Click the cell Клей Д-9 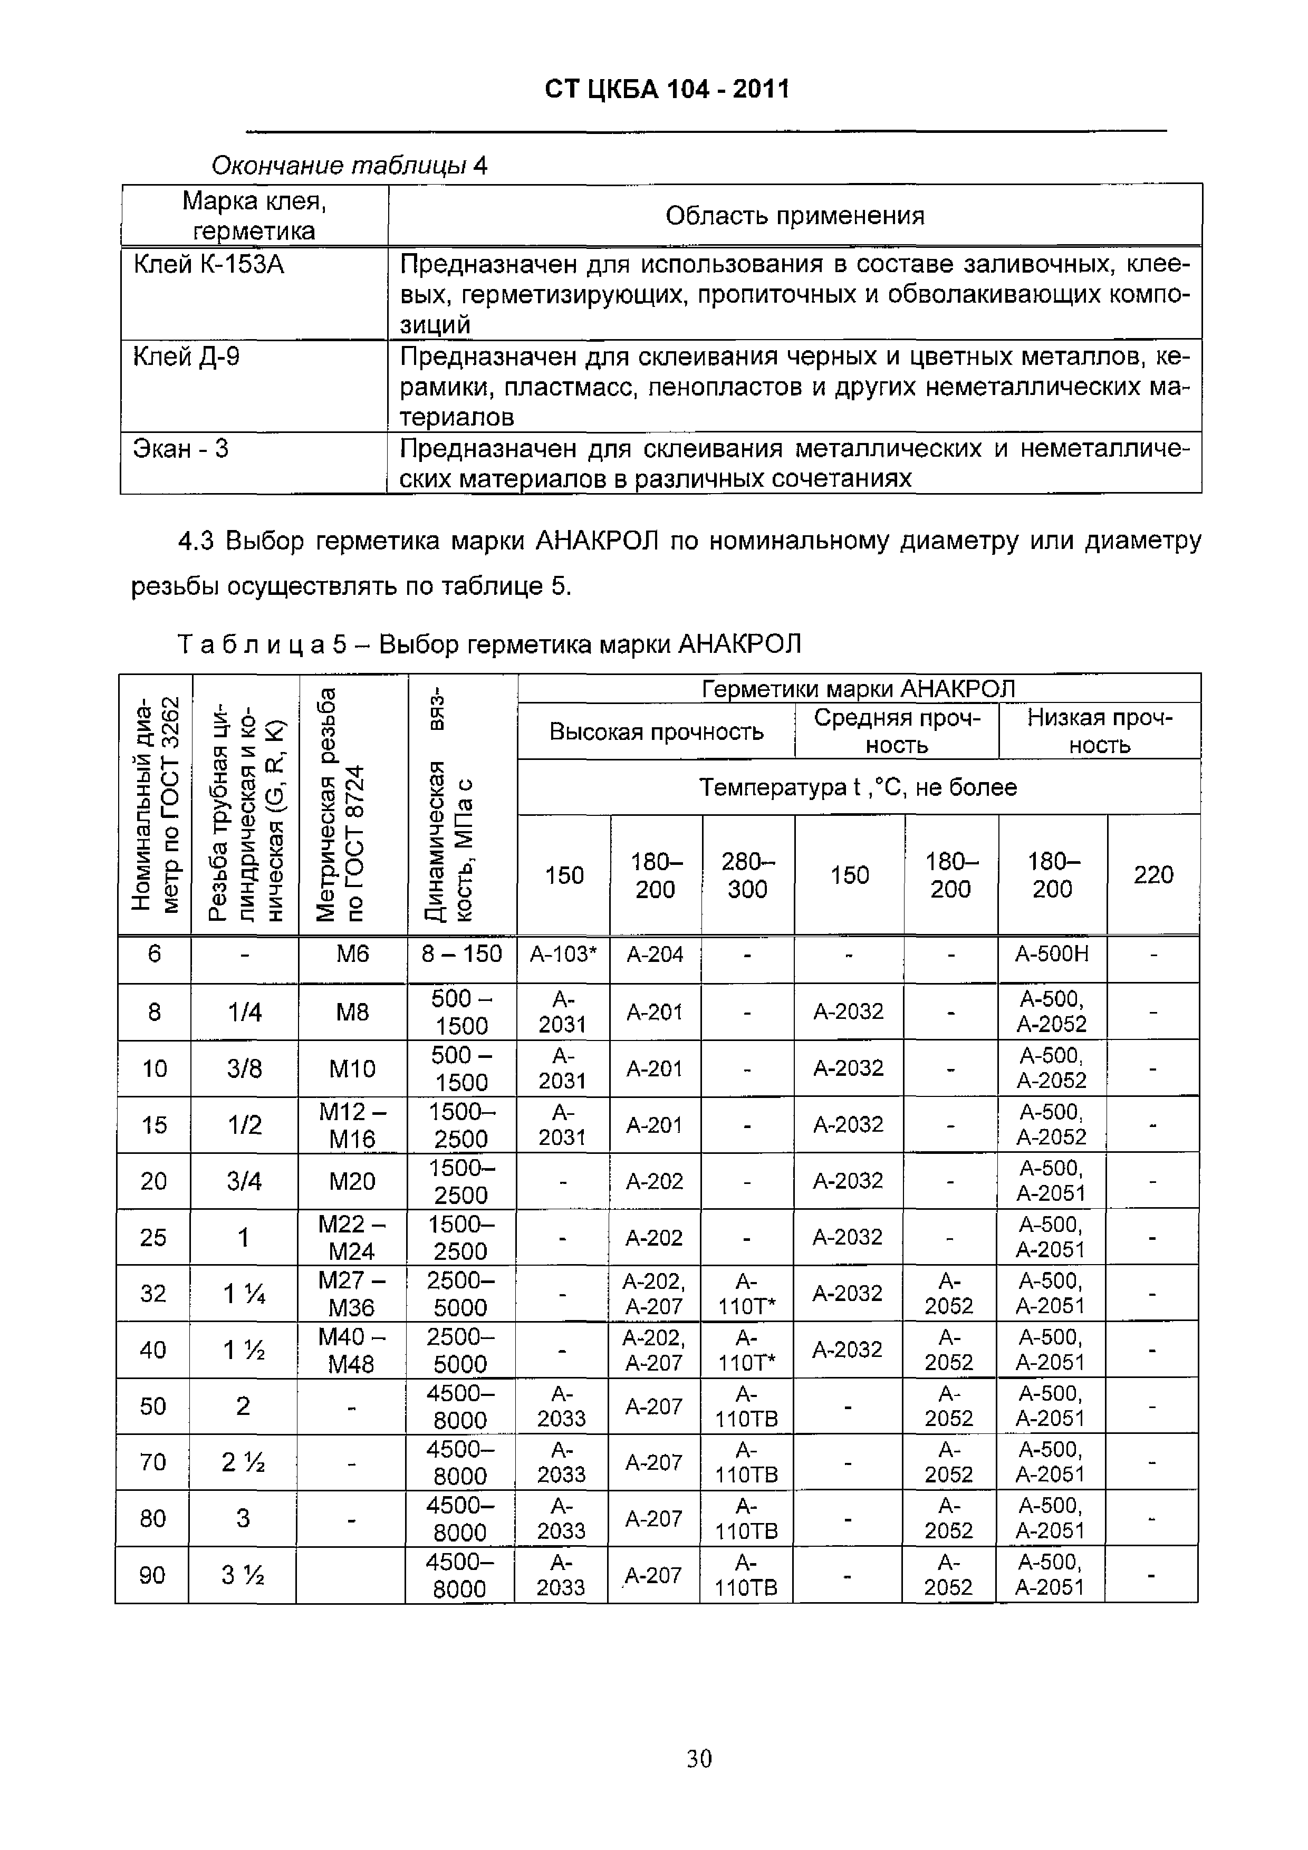[x=186, y=356]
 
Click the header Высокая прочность [x=656, y=731]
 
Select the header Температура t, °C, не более [x=858, y=786]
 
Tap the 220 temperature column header [x=1153, y=874]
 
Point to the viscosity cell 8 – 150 [x=462, y=954]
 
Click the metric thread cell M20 [x=352, y=1181]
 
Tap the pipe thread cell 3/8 [x=244, y=1068]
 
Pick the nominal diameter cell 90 [x=152, y=1575]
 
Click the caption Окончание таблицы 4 [x=349, y=166]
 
